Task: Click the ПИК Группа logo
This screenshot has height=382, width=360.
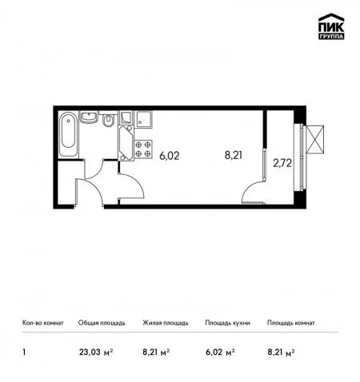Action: [x=331, y=26]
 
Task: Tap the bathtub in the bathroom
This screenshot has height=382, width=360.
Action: [x=68, y=134]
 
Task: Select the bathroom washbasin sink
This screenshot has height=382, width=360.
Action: [x=90, y=117]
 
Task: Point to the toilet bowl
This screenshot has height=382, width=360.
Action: [x=108, y=121]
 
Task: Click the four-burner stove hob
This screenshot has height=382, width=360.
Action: [x=143, y=149]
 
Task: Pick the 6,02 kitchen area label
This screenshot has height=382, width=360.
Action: [x=170, y=156]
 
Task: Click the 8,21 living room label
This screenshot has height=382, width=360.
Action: [x=234, y=155]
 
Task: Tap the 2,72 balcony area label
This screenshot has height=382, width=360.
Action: [x=282, y=163]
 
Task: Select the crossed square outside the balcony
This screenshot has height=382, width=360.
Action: [x=315, y=140]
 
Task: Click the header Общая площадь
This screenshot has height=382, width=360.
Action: [x=102, y=323]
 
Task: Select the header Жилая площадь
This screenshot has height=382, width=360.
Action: [x=166, y=323]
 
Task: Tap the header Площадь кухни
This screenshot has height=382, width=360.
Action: [x=227, y=323]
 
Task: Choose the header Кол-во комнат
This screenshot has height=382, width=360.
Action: [x=43, y=323]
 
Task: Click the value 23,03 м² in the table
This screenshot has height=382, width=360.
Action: [x=96, y=352]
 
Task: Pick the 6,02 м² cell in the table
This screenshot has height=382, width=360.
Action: [x=220, y=352]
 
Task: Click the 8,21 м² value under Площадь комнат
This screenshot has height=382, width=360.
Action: [x=281, y=352]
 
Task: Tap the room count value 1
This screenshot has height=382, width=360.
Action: [x=24, y=352]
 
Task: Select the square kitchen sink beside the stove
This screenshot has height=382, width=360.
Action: [x=144, y=120]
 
